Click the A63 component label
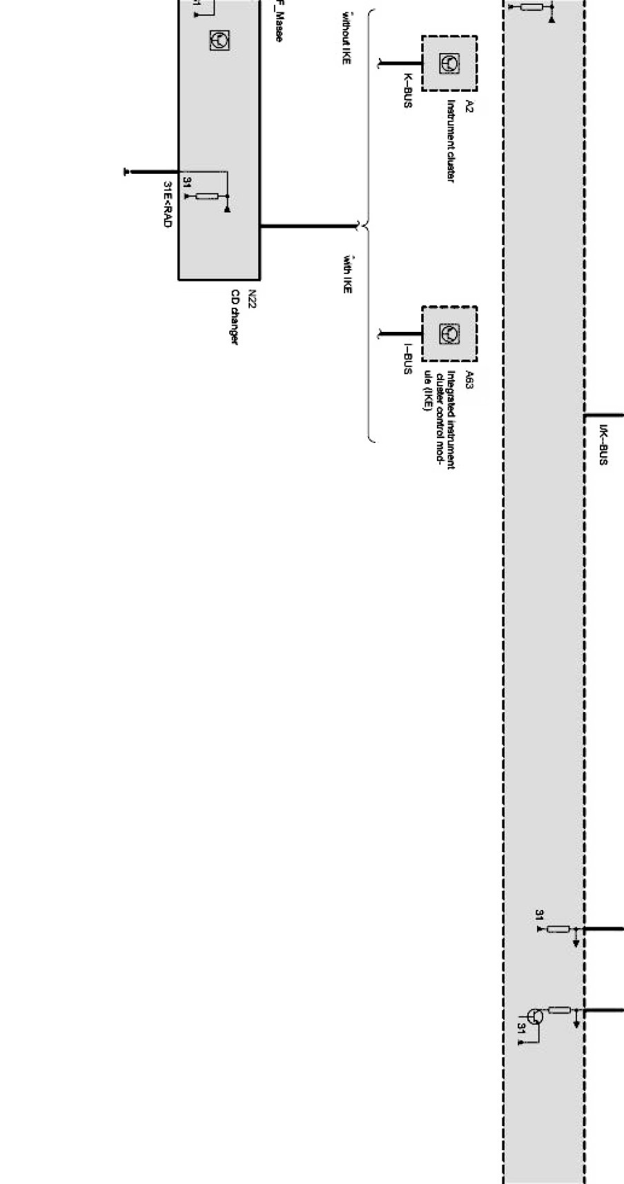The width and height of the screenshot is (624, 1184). pos(469,379)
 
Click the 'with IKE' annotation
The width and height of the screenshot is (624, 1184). pos(347,274)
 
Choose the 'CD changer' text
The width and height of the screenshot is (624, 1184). pos(235,318)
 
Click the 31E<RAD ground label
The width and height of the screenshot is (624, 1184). pos(167,204)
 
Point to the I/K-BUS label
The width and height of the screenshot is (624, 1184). pos(603,444)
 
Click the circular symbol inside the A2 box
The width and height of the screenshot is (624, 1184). pos(449,63)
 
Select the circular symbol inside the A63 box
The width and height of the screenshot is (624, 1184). pos(449,334)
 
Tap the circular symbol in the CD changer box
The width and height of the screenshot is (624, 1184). pos(220,41)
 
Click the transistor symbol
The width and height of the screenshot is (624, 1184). pos(536,1016)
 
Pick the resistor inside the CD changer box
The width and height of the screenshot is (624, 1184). pos(207,196)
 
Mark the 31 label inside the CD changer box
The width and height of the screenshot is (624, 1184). pos(187,182)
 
